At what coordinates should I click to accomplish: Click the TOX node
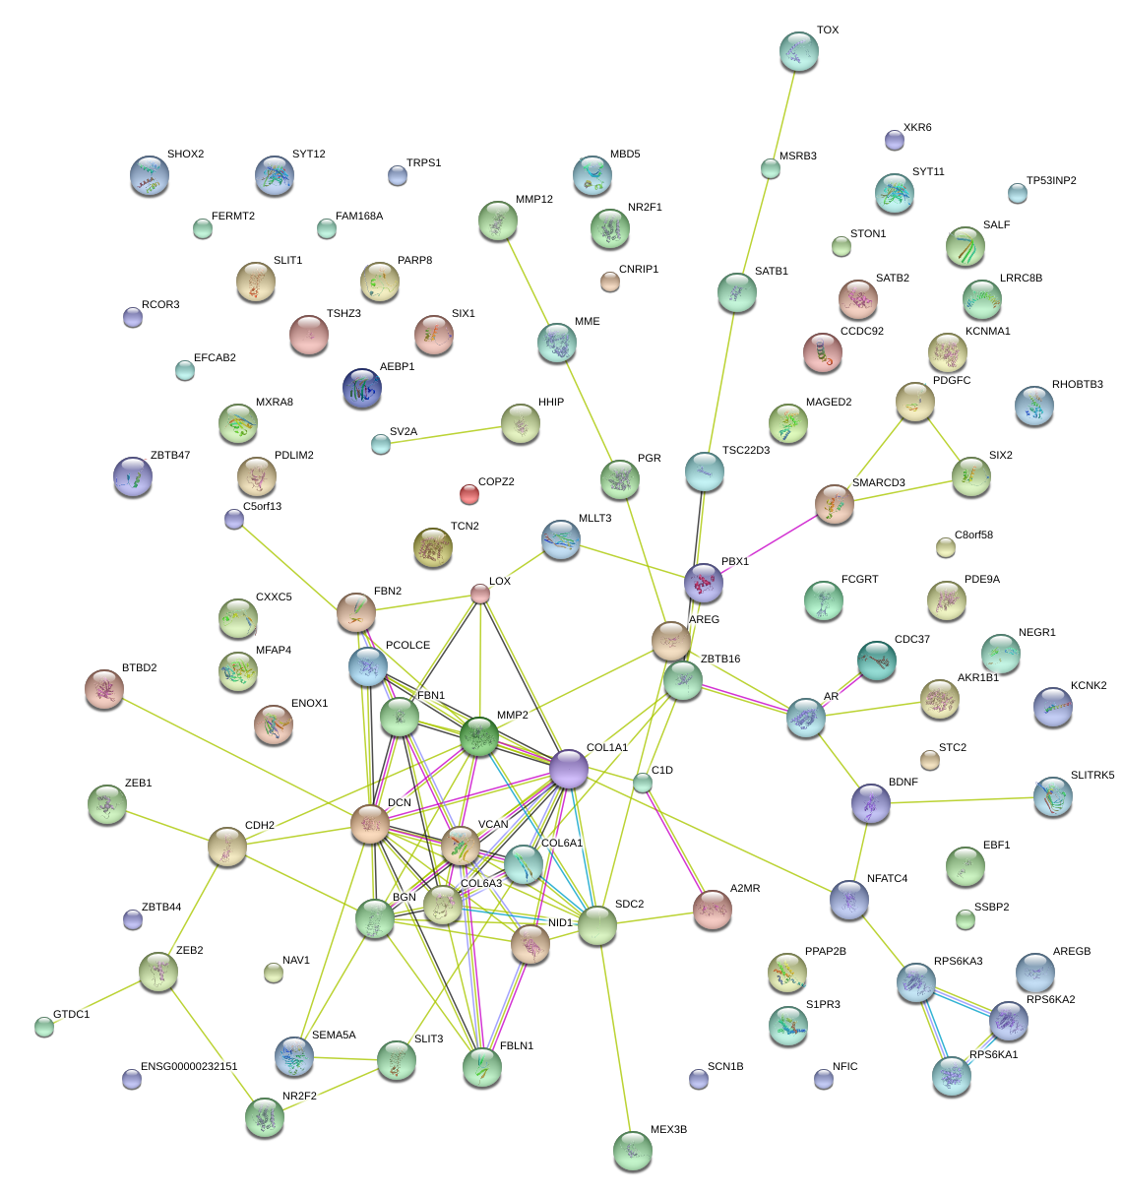point(798,51)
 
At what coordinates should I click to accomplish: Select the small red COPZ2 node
point(469,493)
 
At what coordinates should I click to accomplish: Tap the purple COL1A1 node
point(569,769)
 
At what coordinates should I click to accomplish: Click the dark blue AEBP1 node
point(361,388)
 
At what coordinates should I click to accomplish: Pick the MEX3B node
point(632,1151)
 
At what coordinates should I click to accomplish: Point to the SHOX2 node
point(149,175)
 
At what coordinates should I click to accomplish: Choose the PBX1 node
point(704,583)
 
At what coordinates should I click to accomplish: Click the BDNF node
point(870,803)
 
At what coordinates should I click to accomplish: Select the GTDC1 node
point(43,1027)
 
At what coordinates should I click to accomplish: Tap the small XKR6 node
point(894,140)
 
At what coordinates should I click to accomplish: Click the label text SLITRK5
point(1092,776)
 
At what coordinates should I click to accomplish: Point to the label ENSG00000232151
point(189,1067)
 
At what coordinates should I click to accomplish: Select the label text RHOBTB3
point(1077,385)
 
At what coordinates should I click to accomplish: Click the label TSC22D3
point(745,451)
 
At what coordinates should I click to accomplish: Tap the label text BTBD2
point(139,668)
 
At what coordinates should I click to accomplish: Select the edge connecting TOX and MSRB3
point(784,110)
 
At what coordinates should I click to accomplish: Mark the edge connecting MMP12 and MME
point(528,283)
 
